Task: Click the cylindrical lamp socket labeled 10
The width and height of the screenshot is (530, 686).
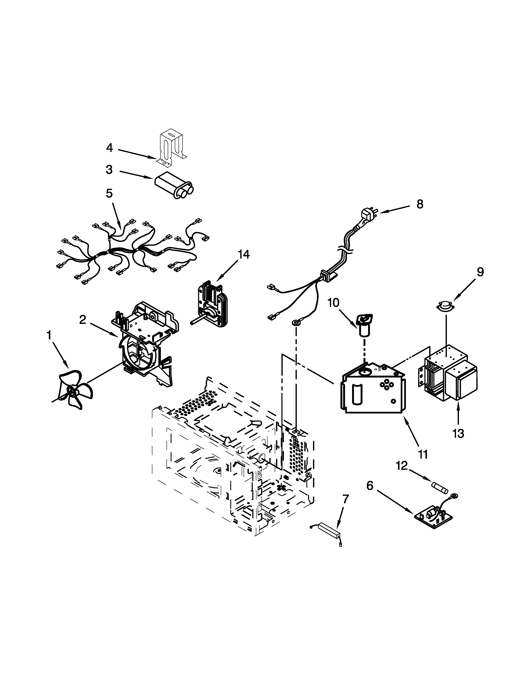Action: (x=364, y=327)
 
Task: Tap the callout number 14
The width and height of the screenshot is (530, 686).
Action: (x=243, y=254)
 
